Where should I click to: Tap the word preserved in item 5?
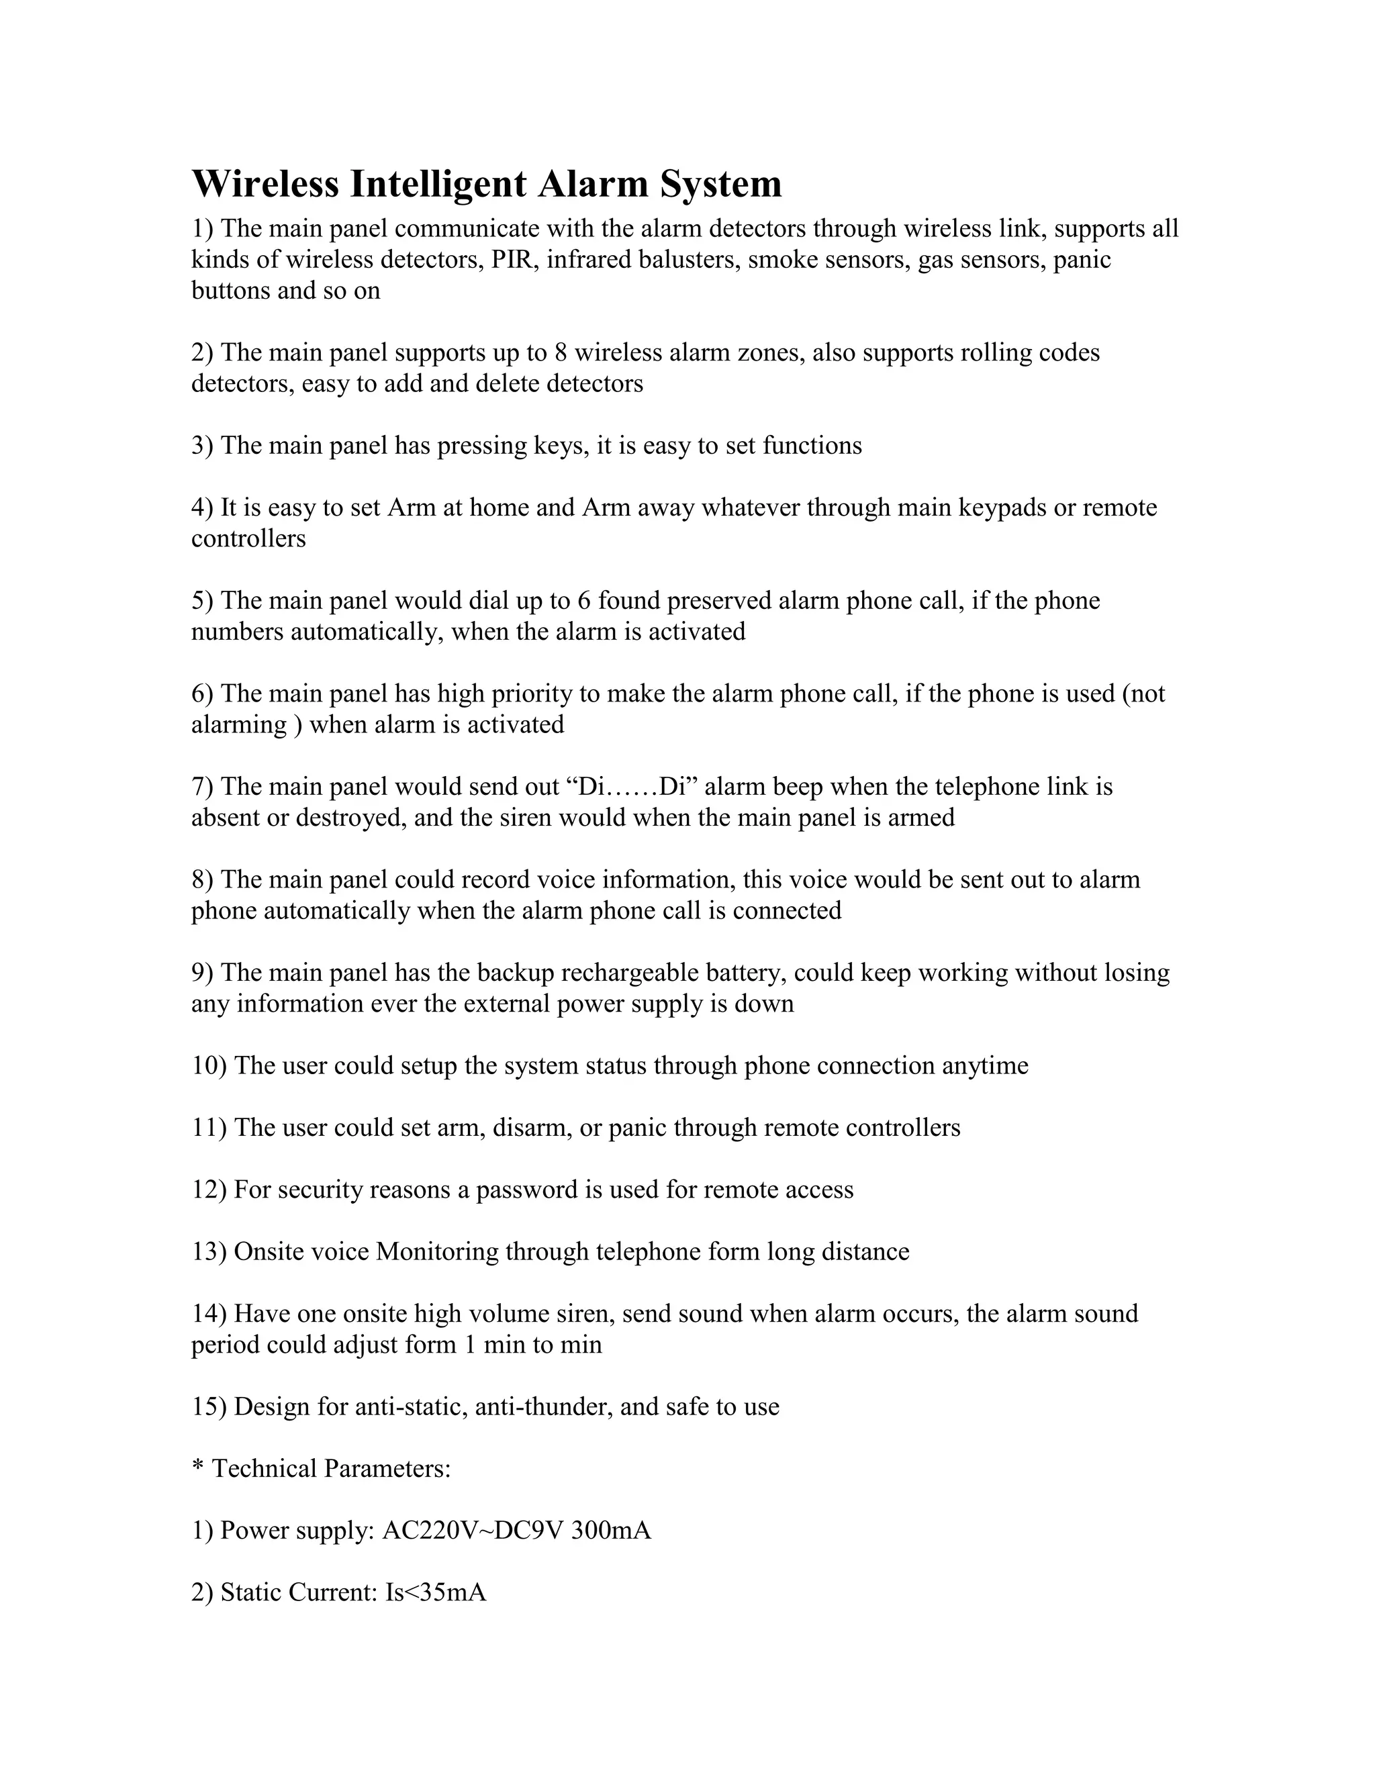click(718, 600)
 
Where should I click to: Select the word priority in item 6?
click(504, 693)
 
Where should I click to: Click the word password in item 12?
click(527, 1190)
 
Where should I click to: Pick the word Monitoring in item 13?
click(436, 1252)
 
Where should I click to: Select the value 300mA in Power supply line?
click(611, 1531)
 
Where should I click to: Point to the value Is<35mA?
click(436, 1593)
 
